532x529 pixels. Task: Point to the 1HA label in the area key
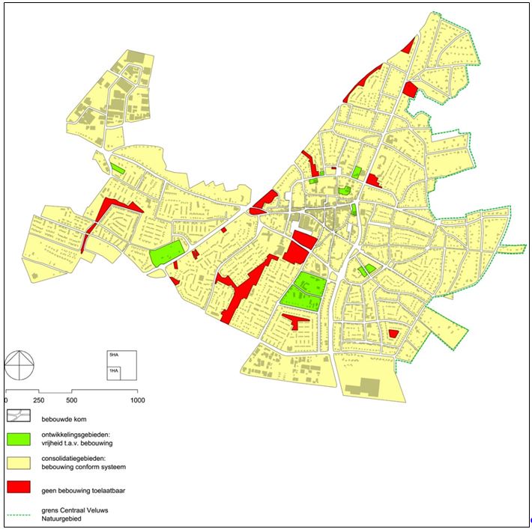click(x=113, y=371)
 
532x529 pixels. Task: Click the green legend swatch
click(x=19, y=438)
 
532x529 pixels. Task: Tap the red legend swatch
click(x=19, y=486)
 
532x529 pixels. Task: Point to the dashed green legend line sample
click(x=19, y=513)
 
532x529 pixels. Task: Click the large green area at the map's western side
click(x=167, y=254)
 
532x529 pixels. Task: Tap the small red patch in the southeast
click(x=393, y=334)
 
